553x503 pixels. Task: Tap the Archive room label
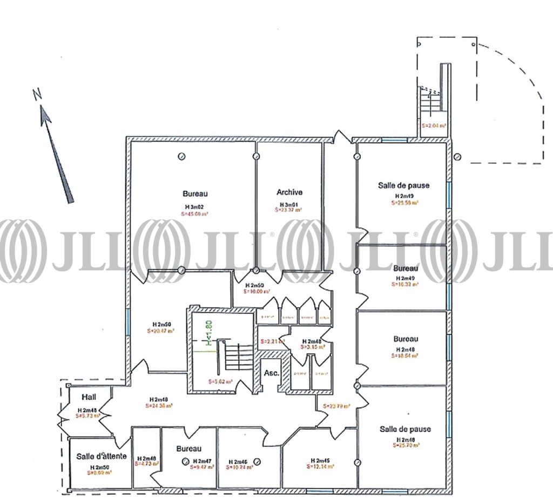289,192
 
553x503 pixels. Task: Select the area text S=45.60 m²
195,214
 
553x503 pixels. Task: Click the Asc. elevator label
271,373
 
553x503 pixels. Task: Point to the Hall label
89,397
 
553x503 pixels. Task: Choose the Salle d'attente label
101,456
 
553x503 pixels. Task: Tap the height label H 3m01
289,204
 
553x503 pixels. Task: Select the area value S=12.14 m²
320,468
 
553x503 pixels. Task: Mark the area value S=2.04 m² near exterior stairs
434,125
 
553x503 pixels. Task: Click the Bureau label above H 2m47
189,449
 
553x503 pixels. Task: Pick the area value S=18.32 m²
405,284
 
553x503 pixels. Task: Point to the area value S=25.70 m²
405,446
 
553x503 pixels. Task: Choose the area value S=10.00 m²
254,291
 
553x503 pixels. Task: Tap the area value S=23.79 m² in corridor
336,406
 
